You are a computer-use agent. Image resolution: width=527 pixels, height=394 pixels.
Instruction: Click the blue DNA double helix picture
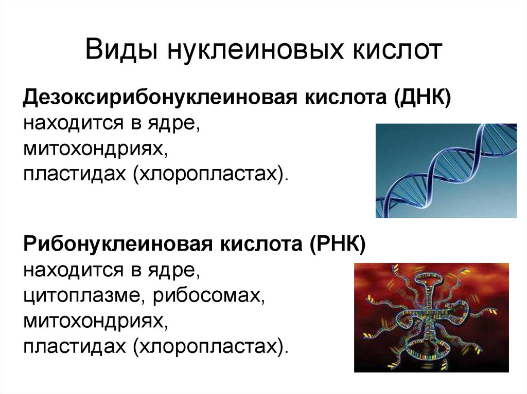pos(446,170)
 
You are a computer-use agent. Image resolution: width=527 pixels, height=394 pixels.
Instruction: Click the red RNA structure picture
pos(431,317)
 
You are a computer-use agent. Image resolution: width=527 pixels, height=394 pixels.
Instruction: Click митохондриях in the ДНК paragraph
pos(95,151)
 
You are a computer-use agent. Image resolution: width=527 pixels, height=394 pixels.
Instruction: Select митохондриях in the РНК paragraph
pos(95,323)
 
